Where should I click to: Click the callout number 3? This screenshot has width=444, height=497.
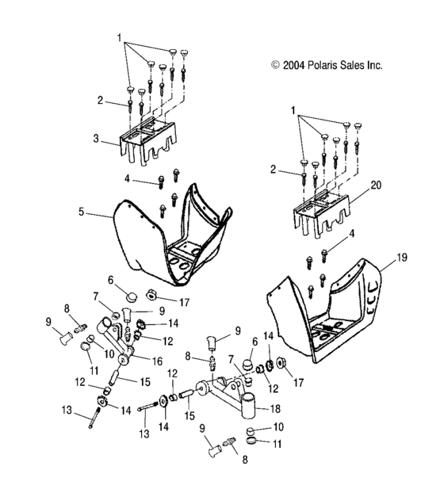pos(97,139)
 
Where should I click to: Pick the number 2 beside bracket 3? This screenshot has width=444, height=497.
pos(101,100)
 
